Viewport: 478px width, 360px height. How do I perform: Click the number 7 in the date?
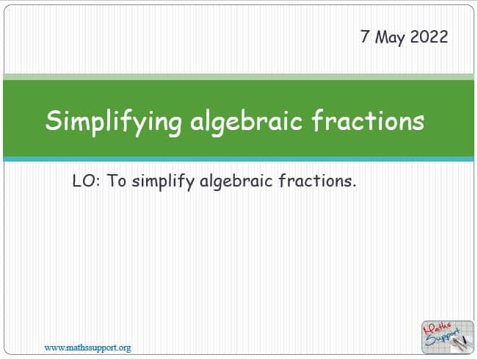[365, 36]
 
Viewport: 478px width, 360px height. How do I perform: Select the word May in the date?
[390, 37]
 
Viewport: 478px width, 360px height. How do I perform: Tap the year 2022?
[429, 37]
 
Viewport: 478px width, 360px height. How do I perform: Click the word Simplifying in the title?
[113, 122]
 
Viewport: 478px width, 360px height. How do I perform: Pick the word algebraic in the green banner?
[246, 122]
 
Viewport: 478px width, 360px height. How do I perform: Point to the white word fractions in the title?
[368, 120]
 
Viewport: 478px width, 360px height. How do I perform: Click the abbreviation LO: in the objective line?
[86, 181]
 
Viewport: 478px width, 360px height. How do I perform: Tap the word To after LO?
[117, 181]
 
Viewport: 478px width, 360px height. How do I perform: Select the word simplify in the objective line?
[163, 182]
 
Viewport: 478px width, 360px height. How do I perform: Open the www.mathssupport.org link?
[88, 348]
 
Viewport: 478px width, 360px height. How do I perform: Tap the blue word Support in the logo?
[443, 337]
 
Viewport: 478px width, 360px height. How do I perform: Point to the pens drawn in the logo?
[461, 344]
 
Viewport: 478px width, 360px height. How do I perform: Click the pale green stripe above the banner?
[239, 76]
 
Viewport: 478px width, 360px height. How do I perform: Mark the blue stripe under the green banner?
[239, 159]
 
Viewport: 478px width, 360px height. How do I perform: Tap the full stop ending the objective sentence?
[354, 186]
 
